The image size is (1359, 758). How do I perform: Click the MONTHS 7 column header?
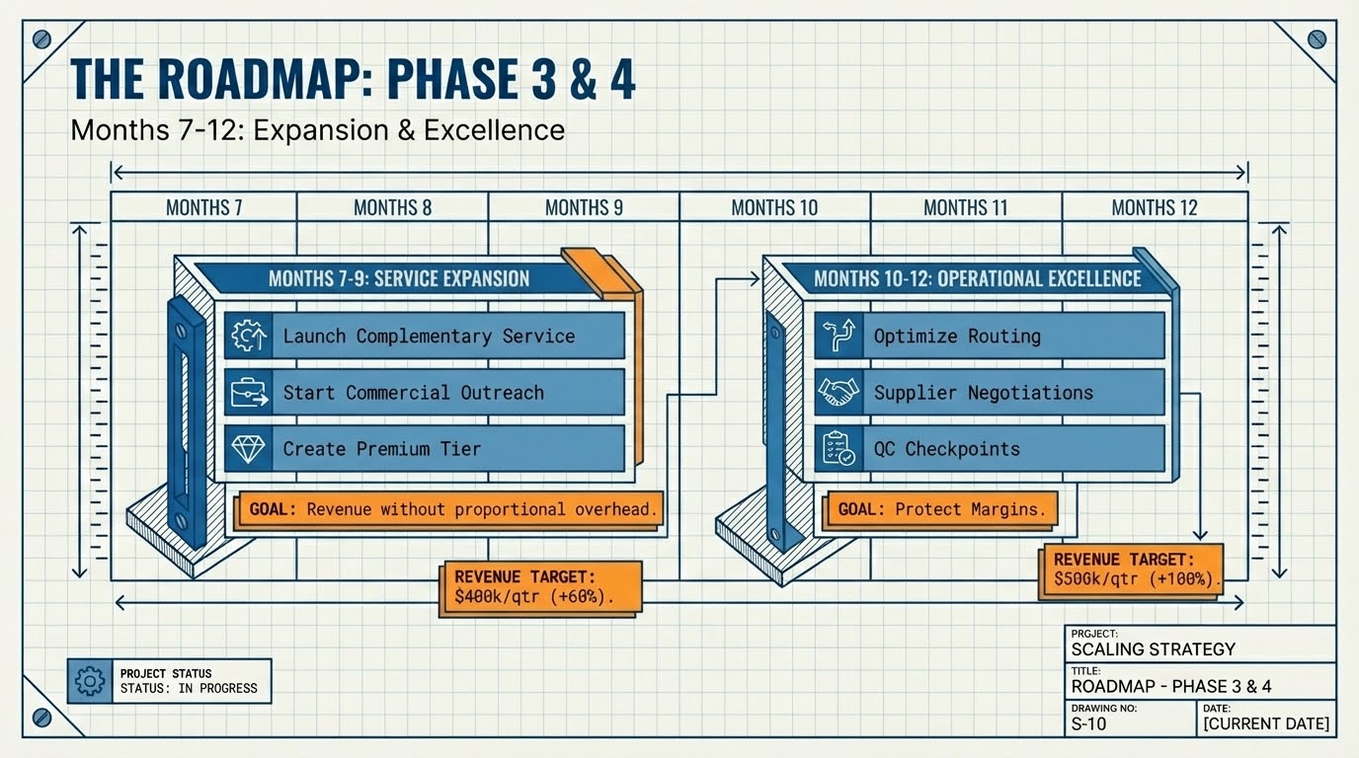203,207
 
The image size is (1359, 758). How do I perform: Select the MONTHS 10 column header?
775,207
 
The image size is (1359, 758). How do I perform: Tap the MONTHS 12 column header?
1154,207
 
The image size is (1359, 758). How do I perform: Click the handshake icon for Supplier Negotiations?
838,392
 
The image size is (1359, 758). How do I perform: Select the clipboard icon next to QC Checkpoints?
838,449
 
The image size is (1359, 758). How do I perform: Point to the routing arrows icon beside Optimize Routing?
838,336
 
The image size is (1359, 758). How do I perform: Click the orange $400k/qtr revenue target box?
539,587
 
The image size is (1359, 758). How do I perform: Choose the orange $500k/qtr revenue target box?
1132,569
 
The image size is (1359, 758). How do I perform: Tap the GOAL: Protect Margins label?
940,510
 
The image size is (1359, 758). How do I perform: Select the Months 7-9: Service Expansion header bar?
398,278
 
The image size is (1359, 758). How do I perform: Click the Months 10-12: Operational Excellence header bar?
977,278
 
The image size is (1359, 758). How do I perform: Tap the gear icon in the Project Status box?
90,680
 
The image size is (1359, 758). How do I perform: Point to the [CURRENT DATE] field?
1265,724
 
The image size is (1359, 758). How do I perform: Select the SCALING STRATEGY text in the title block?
1153,648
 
